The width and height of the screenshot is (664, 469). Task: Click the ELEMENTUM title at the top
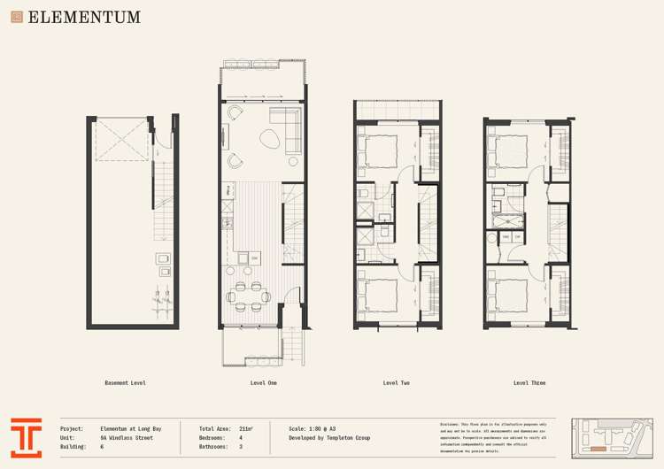point(83,17)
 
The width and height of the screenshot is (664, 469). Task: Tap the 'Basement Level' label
point(125,383)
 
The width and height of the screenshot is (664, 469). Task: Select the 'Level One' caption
point(264,383)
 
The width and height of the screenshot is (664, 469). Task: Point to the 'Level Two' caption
point(396,383)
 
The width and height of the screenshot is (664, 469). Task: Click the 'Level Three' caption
point(529,383)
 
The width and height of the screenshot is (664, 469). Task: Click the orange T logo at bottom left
point(26,437)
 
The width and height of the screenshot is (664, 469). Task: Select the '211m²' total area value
point(245,428)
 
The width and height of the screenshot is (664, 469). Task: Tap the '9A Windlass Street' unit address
point(126,437)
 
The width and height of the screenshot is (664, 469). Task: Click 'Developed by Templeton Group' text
point(329,437)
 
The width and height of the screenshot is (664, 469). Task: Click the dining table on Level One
point(249,292)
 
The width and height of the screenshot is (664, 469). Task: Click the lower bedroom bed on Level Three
point(513,293)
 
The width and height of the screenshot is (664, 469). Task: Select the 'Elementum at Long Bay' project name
point(130,428)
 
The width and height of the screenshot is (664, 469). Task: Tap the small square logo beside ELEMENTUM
point(17,17)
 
